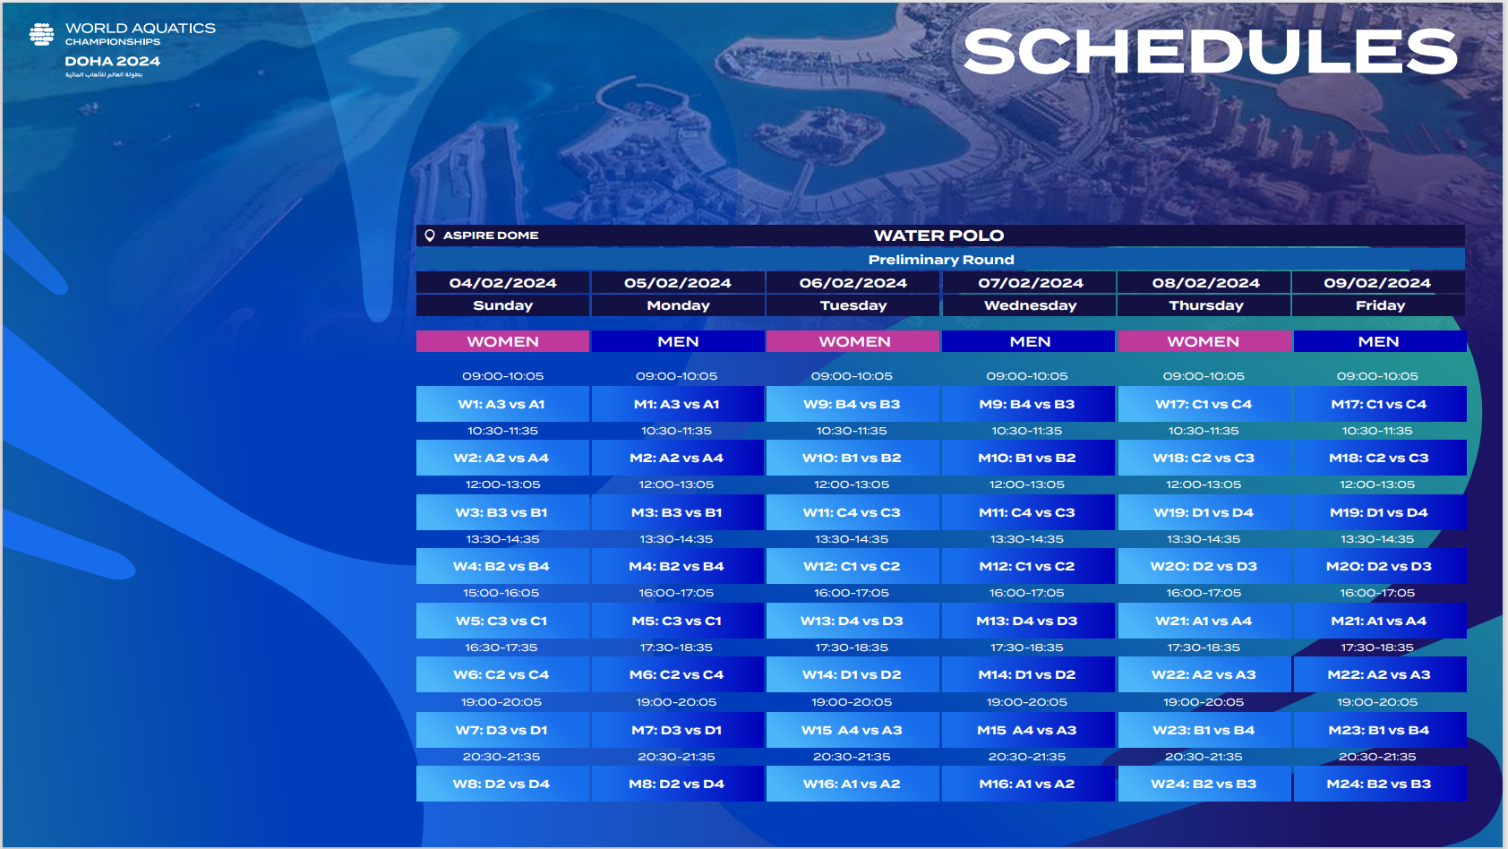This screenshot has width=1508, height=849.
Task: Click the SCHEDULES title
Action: point(1210,51)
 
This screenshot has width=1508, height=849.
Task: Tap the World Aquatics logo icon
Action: point(42,34)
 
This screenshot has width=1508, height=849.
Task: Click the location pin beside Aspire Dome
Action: point(430,235)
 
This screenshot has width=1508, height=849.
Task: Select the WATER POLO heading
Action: point(938,236)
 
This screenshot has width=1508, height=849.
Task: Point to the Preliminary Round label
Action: point(940,260)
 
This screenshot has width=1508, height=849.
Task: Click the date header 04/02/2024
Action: point(503,283)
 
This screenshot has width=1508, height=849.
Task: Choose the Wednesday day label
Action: point(1030,305)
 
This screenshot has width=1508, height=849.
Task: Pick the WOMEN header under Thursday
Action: point(1204,341)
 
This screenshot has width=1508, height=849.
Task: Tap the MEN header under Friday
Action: point(1379,341)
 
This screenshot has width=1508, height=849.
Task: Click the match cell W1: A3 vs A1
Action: point(502,404)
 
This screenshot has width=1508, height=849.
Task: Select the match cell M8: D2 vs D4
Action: point(677,784)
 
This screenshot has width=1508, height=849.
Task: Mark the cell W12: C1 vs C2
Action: point(853,566)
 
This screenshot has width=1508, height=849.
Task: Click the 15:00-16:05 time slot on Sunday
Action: point(501,593)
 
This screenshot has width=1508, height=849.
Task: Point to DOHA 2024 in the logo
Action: point(113,61)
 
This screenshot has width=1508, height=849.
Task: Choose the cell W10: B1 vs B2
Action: point(853,458)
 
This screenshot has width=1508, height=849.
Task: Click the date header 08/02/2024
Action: point(1205,283)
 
